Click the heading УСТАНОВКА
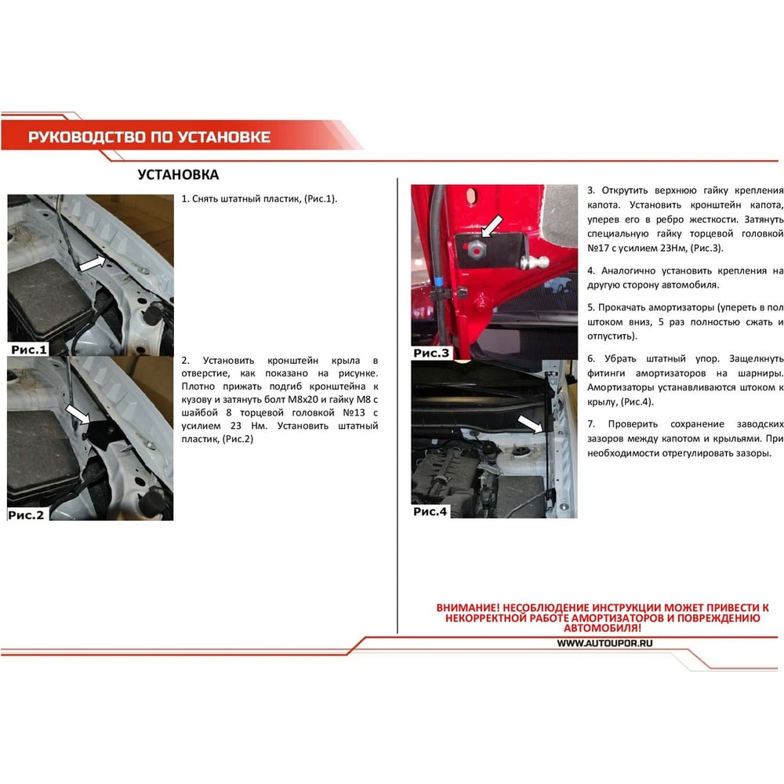coord(178,175)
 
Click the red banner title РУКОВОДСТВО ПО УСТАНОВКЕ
coord(149,137)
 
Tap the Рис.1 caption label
coord(28,350)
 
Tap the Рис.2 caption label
coord(26,514)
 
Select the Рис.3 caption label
coord(431,353)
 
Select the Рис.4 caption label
coord(430,511)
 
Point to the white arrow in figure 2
coord(78,415)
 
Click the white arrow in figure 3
coord(492,226)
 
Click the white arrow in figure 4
coord(530,424)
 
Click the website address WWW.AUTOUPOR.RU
coord(604,644)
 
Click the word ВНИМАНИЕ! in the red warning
coord(467,608)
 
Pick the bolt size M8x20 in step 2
coord(303,400)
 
